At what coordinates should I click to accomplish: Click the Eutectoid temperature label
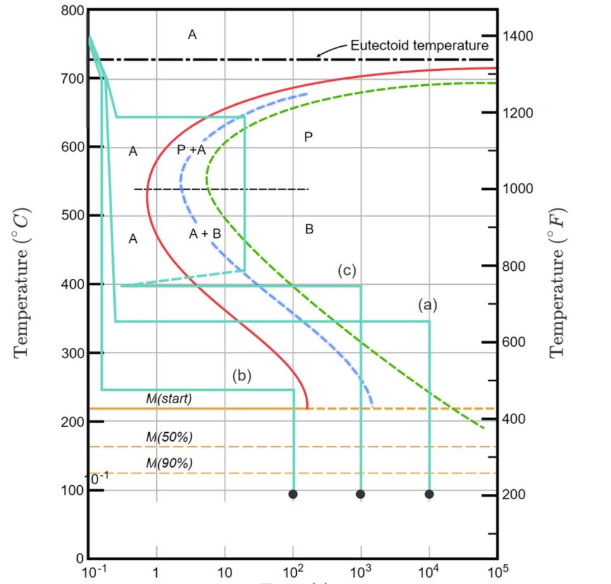pyautogui.click(x=419, y=46)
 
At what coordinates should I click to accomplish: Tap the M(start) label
pyautogui.click(x=168, y=399)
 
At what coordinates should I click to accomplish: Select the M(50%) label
pyautogui.click(x=168, y=437)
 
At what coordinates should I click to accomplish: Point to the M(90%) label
pyautogui.click(x=168, y=463)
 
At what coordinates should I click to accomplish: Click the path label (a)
pyautogui.click(x=428, y=305)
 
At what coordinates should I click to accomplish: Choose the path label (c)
pyautogui.click(x=347, y=271)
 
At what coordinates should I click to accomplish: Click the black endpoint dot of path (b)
pyautogui.click(x=293, y=494)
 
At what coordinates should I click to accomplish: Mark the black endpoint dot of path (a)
pyautogui.click(x=429, y=494)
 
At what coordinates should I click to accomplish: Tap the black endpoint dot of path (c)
pyautogui.click(x=361, y=494)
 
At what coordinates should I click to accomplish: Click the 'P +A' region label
pyautogui.click(x=191, y=150)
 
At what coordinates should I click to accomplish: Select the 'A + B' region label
pyautogui.click(x=205, y=233)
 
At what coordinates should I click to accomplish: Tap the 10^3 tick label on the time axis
pyautogui.click(x=360, y=573)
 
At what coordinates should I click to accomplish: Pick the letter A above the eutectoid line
pyautogui.click(x=192, y=35)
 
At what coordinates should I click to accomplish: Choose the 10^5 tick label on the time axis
pyautogui.click(x=497, y=573)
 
